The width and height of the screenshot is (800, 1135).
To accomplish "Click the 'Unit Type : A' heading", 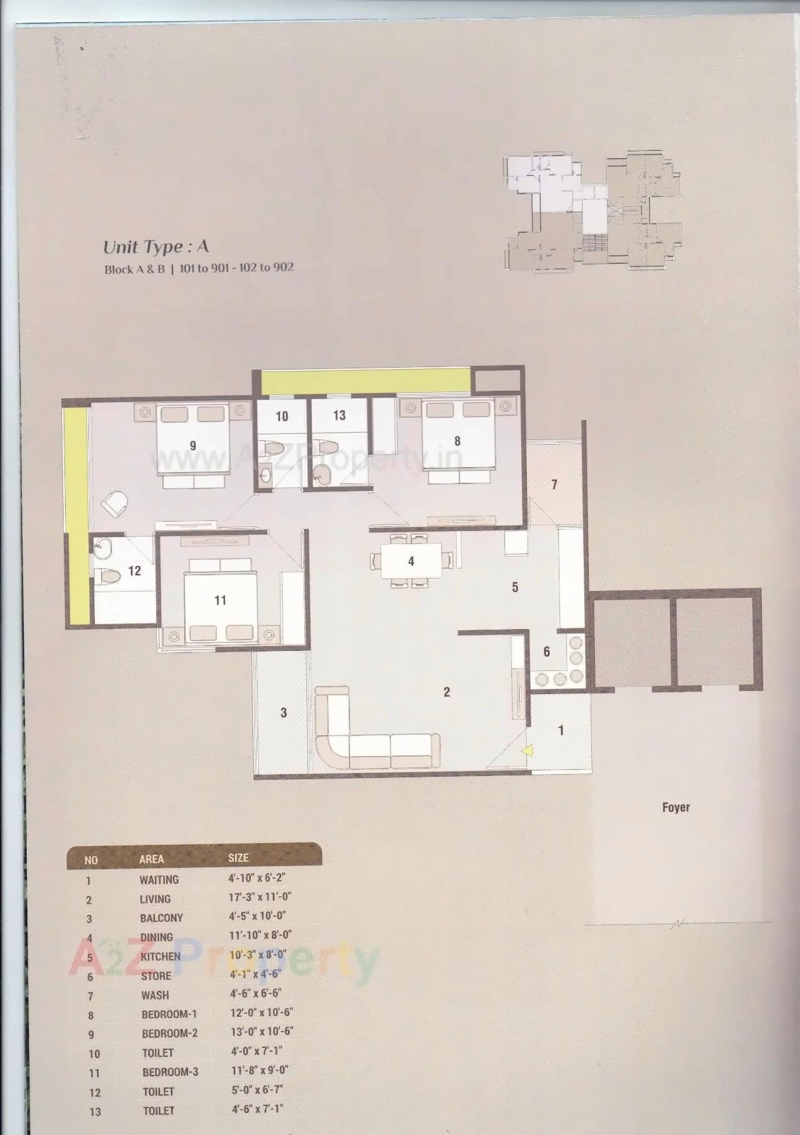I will coord(156,247).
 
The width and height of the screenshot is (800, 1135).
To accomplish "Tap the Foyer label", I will coord(676,807).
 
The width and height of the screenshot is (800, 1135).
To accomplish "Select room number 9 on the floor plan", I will coord(193,445).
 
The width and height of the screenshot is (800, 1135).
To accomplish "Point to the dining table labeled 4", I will coord(411,561).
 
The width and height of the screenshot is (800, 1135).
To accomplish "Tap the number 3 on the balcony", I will coord(283,712).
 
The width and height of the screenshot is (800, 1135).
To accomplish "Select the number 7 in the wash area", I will coord(554,484).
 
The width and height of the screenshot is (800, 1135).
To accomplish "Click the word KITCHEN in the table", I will coord(161,956).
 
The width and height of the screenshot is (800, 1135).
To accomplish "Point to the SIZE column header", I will coord(238,859).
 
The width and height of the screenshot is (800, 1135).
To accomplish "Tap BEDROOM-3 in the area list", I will coord(170,1072).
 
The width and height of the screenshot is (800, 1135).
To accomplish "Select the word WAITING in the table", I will coord(159,880).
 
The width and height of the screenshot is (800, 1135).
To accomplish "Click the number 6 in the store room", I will coord(546,652).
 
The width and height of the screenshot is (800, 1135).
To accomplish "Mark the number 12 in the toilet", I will coord(134,570).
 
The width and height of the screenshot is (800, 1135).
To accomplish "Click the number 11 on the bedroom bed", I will coord(220,600).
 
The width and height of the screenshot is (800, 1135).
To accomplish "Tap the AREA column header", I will coord(151,859).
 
